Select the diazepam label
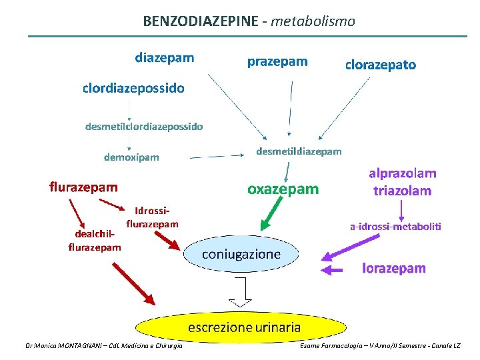pyautogui.click(x=165, y=57)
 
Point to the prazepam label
pyautogui.click(x=277, y=62)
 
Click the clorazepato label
pyautogui.click(x=380, y=65)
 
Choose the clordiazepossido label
pyautogui.click(x=133, y=88)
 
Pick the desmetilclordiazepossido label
pyautogui.click(x=144, y=125)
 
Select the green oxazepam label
pyautogui.click(x=283, y=189)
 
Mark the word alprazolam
pyautogui.click(x=403, y=173)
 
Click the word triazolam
pyautogui.click(x=402, y=191)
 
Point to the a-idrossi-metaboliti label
pyautogui.click(x=395, y=227)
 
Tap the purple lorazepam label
pyautogui.click(x=393, y=268)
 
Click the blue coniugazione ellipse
pyautogui.click(x=241, y=255)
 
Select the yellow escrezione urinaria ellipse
pyautogui.click(x=244, y=327)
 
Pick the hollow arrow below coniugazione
pyautogui.click(x=241, y=291)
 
